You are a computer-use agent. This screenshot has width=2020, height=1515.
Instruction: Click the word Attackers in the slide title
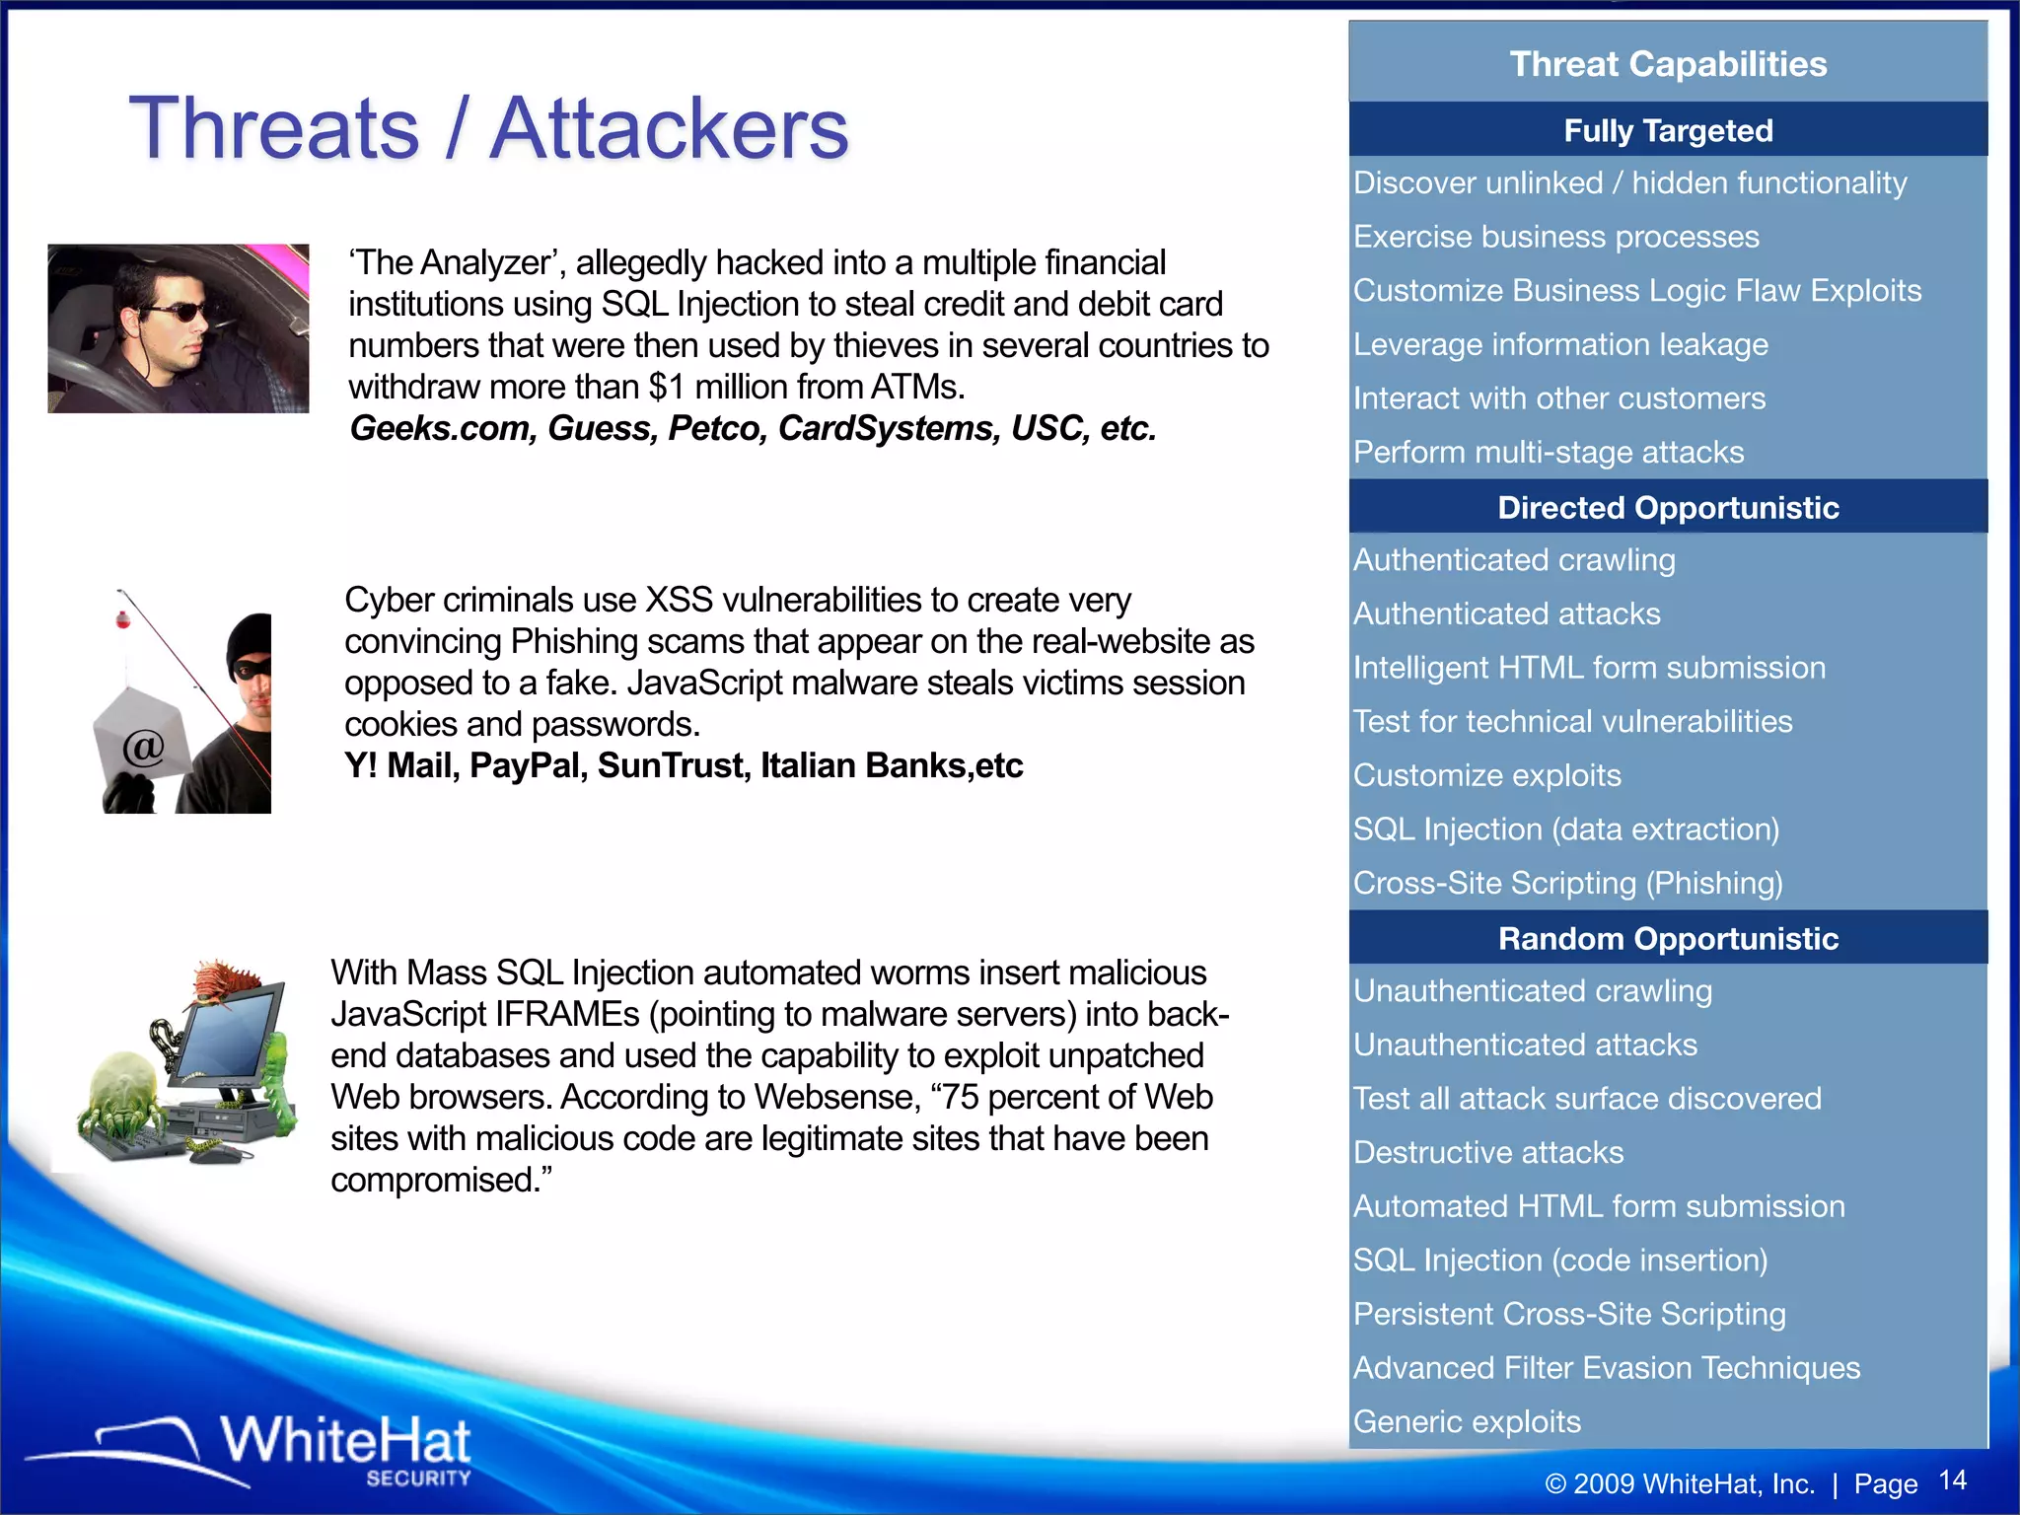tap(669, 129)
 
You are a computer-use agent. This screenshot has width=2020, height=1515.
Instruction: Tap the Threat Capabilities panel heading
tap(1668, 64)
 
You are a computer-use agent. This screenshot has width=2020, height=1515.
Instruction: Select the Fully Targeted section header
tap(1668, 130)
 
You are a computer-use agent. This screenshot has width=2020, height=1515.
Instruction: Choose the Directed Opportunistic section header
tap(1668, 507)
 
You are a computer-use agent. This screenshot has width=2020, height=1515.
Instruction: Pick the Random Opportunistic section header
tap(1668, 938)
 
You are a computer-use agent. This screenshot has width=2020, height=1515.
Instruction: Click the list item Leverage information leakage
tap(1560, 344)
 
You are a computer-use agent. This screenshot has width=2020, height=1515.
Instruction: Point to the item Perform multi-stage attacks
tap(1549, 452)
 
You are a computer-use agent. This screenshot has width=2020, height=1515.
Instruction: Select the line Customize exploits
tap(1487, 775)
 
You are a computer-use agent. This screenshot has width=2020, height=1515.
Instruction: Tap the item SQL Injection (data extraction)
tap(1566, 830)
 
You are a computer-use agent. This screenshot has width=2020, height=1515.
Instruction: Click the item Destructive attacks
tap(1488, 1152)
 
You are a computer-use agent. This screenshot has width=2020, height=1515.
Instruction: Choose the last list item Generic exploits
tap(1467, 1421)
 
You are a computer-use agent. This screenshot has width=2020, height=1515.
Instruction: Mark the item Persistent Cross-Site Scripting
tap(1569, 1314)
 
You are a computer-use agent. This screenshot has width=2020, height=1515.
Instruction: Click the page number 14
tap(1952, 1480)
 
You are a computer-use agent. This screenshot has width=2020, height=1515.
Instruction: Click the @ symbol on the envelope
tap(144, 747)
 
